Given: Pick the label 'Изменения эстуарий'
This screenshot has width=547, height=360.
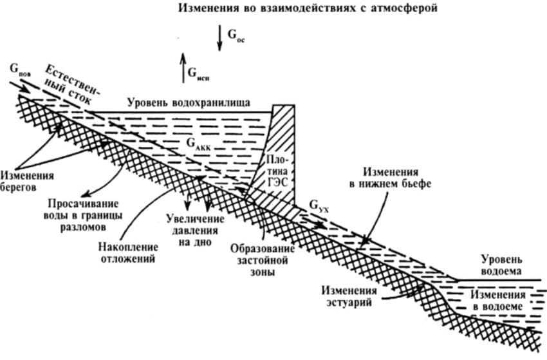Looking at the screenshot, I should pyautogui.click(x=348, y=298).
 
